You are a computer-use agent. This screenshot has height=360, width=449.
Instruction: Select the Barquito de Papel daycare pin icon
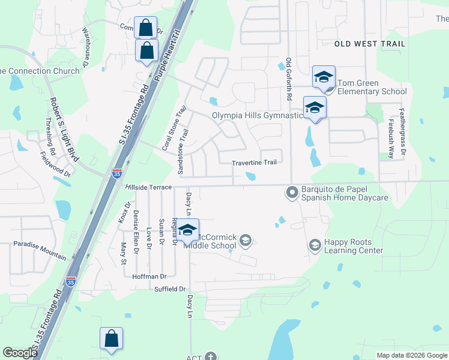[292, 193]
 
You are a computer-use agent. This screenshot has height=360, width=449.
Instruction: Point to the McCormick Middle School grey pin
[246, 241]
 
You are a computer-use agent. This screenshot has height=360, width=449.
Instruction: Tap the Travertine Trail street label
[255, 163]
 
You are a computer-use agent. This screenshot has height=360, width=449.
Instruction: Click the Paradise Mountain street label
[40, 251]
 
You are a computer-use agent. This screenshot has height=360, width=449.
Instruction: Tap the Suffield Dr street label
[169, 289]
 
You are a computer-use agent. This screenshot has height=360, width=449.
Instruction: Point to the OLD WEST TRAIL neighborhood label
[370, 44]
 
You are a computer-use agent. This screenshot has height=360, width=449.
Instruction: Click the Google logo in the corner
[20, 353]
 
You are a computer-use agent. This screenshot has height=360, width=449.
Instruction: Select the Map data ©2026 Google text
[411, 355]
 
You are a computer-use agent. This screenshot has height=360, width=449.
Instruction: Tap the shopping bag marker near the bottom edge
[112, 339]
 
